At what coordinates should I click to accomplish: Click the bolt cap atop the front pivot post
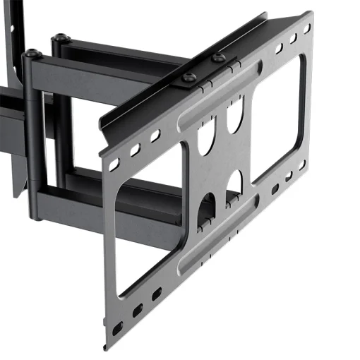32,53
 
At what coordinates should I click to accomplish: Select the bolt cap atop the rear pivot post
61,37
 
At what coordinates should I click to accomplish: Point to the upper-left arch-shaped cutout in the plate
207,139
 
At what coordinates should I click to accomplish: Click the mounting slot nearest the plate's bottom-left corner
117,328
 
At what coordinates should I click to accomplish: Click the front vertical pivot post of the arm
34,134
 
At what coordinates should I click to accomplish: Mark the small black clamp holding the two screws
205,70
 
